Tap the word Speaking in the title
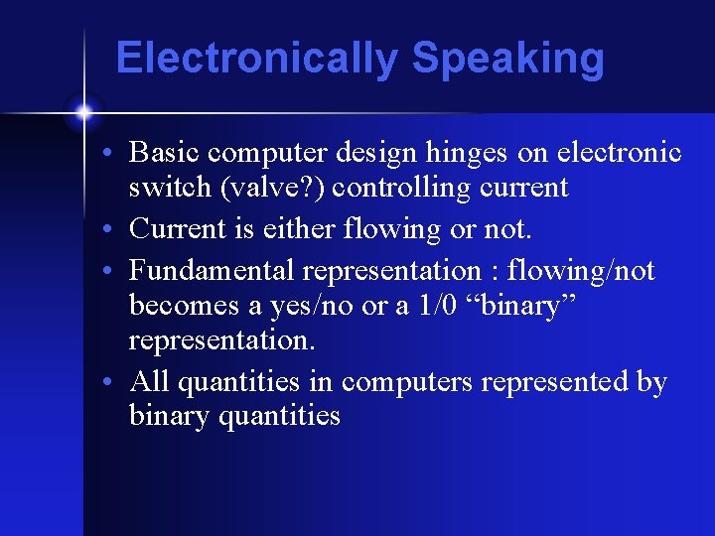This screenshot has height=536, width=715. pos(507,59)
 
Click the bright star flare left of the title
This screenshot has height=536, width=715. pos(83,111)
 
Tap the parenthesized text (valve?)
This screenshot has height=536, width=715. pos(266,188)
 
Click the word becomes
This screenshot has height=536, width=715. pos(183,305)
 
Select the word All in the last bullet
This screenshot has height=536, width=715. pos(149,381)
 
